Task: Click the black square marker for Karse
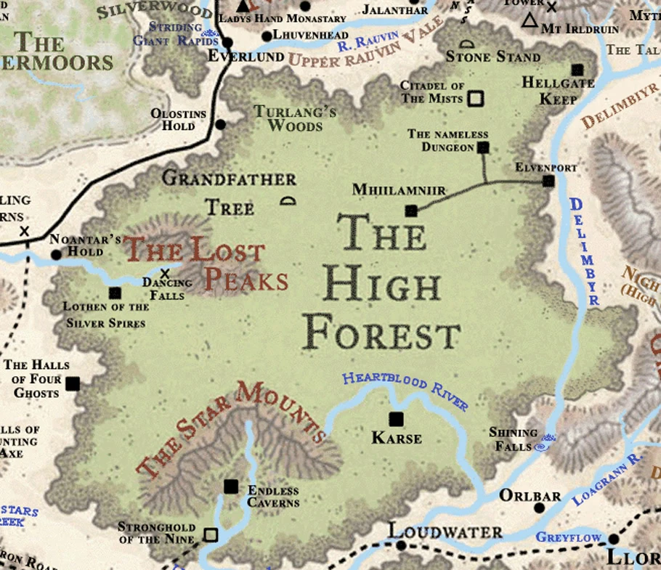396,419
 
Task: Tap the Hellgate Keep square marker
577,70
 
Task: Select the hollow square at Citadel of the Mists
476,97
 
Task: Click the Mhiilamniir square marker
411,211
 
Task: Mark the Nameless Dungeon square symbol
483,147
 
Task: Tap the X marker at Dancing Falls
166,274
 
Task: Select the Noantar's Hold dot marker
56,255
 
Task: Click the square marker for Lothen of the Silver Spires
114,293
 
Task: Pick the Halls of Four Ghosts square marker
72,383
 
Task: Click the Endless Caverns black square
231,486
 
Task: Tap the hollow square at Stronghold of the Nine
211,535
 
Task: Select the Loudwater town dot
399,545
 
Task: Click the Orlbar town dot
539,508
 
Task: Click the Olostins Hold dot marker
221,124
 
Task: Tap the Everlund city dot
227,42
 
